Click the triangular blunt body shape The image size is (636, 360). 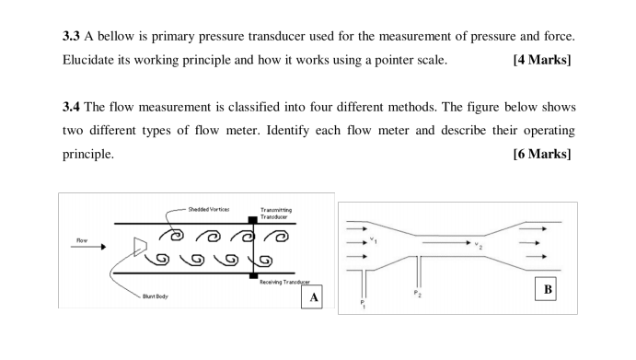pos(138,245)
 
